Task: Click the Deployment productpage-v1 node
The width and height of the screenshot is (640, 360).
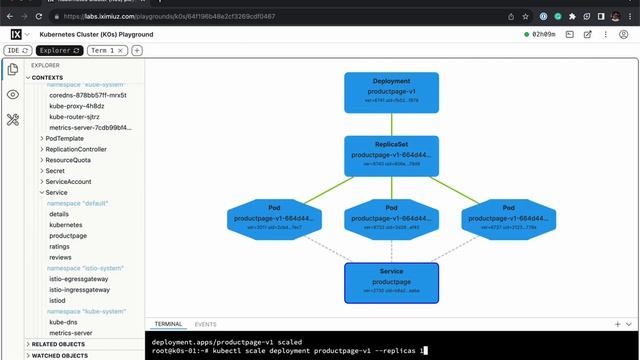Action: [x=377, y=91]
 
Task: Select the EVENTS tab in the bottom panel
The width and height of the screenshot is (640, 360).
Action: [x=205, y=324]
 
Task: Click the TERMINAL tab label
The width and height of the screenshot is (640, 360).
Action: [x=168, y=324]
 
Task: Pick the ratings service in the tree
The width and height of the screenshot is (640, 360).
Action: [x=60, y=246]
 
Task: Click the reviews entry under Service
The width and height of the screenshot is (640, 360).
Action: [x=60, y=257]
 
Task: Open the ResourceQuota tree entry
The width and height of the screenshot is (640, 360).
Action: [x=68, y=160]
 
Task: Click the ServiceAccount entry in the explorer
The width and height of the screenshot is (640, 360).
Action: [x=68, y=181]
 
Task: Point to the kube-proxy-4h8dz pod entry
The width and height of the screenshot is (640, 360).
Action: [x=76, y=106]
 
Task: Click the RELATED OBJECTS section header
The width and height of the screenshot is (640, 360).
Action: [x=60, y=344]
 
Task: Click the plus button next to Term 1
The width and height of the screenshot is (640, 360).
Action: [x=137, y=50]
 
